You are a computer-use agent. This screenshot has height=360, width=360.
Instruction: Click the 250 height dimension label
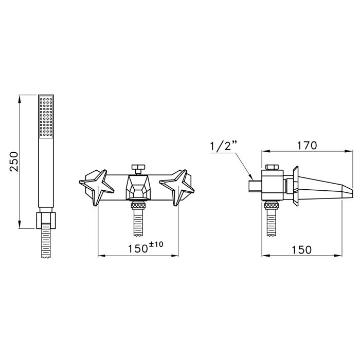point(14,161)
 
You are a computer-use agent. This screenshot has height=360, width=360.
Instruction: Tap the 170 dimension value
point(307,146)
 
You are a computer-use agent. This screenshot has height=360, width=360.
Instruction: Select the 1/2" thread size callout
point(223,146)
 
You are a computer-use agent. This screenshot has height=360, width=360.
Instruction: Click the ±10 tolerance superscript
point(156,244)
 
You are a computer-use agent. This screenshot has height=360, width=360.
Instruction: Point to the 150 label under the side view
point(301,250)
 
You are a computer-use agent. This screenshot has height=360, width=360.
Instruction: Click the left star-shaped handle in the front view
point(97,188)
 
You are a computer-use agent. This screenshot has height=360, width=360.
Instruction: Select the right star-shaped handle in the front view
point(177,188)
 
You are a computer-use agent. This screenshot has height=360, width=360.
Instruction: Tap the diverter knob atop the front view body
point(138,169)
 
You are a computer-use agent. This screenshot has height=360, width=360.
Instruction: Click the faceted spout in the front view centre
point(138,187)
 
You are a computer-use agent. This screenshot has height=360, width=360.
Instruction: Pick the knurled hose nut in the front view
point(138,205)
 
